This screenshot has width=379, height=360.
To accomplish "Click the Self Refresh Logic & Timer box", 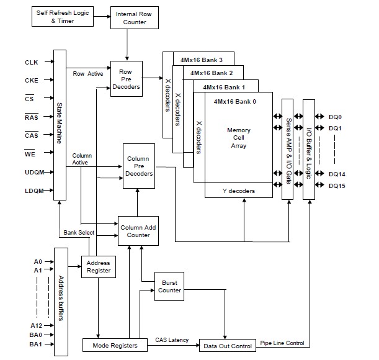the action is (63, 17).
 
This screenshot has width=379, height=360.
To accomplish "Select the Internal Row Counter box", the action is (135, 17).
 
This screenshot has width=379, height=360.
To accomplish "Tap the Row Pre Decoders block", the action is (127, 79).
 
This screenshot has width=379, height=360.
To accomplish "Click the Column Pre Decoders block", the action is (139, 166).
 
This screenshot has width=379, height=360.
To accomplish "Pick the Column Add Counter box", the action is (138, 231).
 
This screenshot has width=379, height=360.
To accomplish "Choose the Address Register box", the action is (99, 267).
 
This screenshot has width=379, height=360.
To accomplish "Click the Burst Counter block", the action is (169, 287).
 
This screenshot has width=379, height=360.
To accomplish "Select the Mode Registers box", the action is (115, 345).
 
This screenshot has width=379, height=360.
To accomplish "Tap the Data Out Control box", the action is (228, 346).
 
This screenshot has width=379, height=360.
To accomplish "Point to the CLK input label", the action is (32, 63).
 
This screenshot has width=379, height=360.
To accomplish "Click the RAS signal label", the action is (32, 117).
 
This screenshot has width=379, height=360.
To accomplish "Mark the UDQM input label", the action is (35, 173).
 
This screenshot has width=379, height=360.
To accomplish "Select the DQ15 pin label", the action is (337, 186).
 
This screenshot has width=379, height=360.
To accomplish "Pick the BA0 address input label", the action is (36, 335).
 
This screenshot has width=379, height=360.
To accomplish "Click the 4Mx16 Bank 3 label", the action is (202, 60).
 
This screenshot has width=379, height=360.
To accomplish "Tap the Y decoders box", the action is (239, 191).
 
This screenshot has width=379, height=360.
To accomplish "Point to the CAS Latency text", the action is (172, 340).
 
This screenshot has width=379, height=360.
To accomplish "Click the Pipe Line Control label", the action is (282, 343).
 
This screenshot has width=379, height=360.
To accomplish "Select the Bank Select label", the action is (79, 233).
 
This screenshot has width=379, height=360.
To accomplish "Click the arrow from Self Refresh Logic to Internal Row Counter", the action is (102, 17).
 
